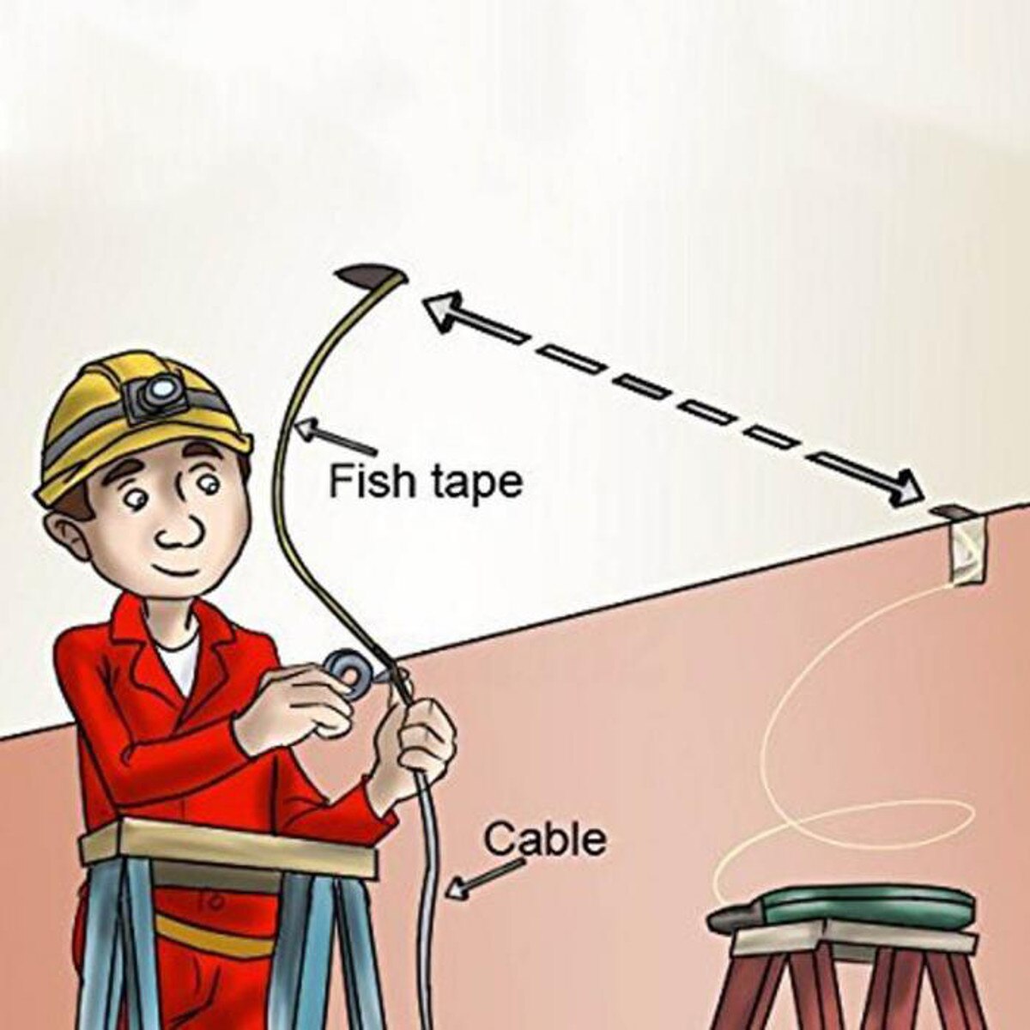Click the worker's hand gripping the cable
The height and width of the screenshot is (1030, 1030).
pos(426,738)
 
